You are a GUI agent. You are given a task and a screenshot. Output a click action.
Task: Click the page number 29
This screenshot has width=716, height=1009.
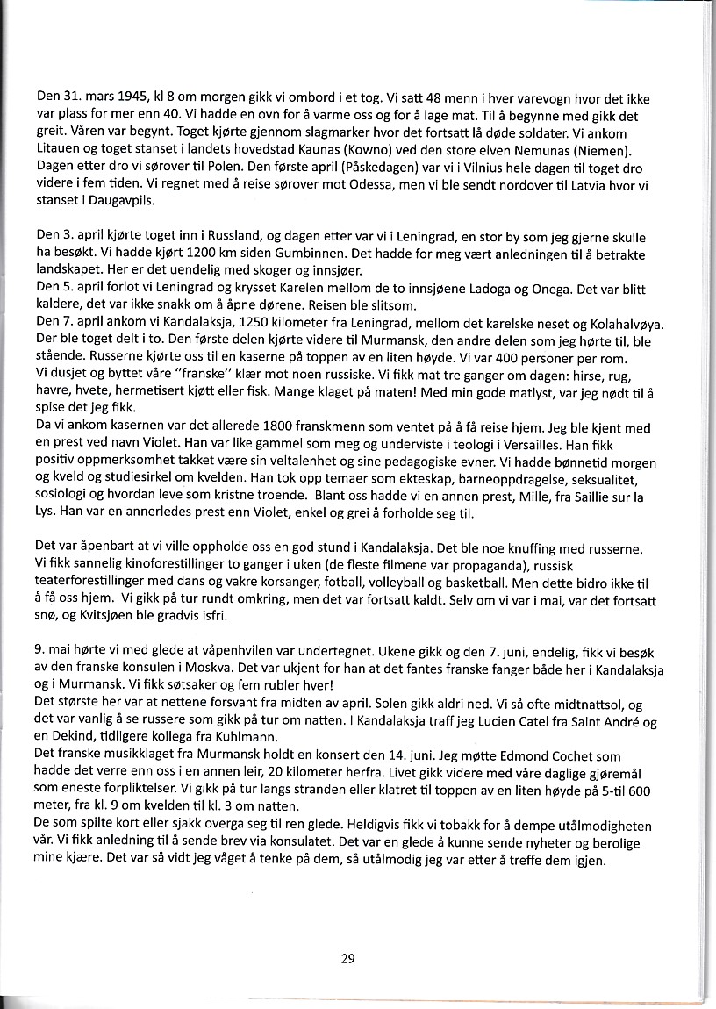347,958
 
